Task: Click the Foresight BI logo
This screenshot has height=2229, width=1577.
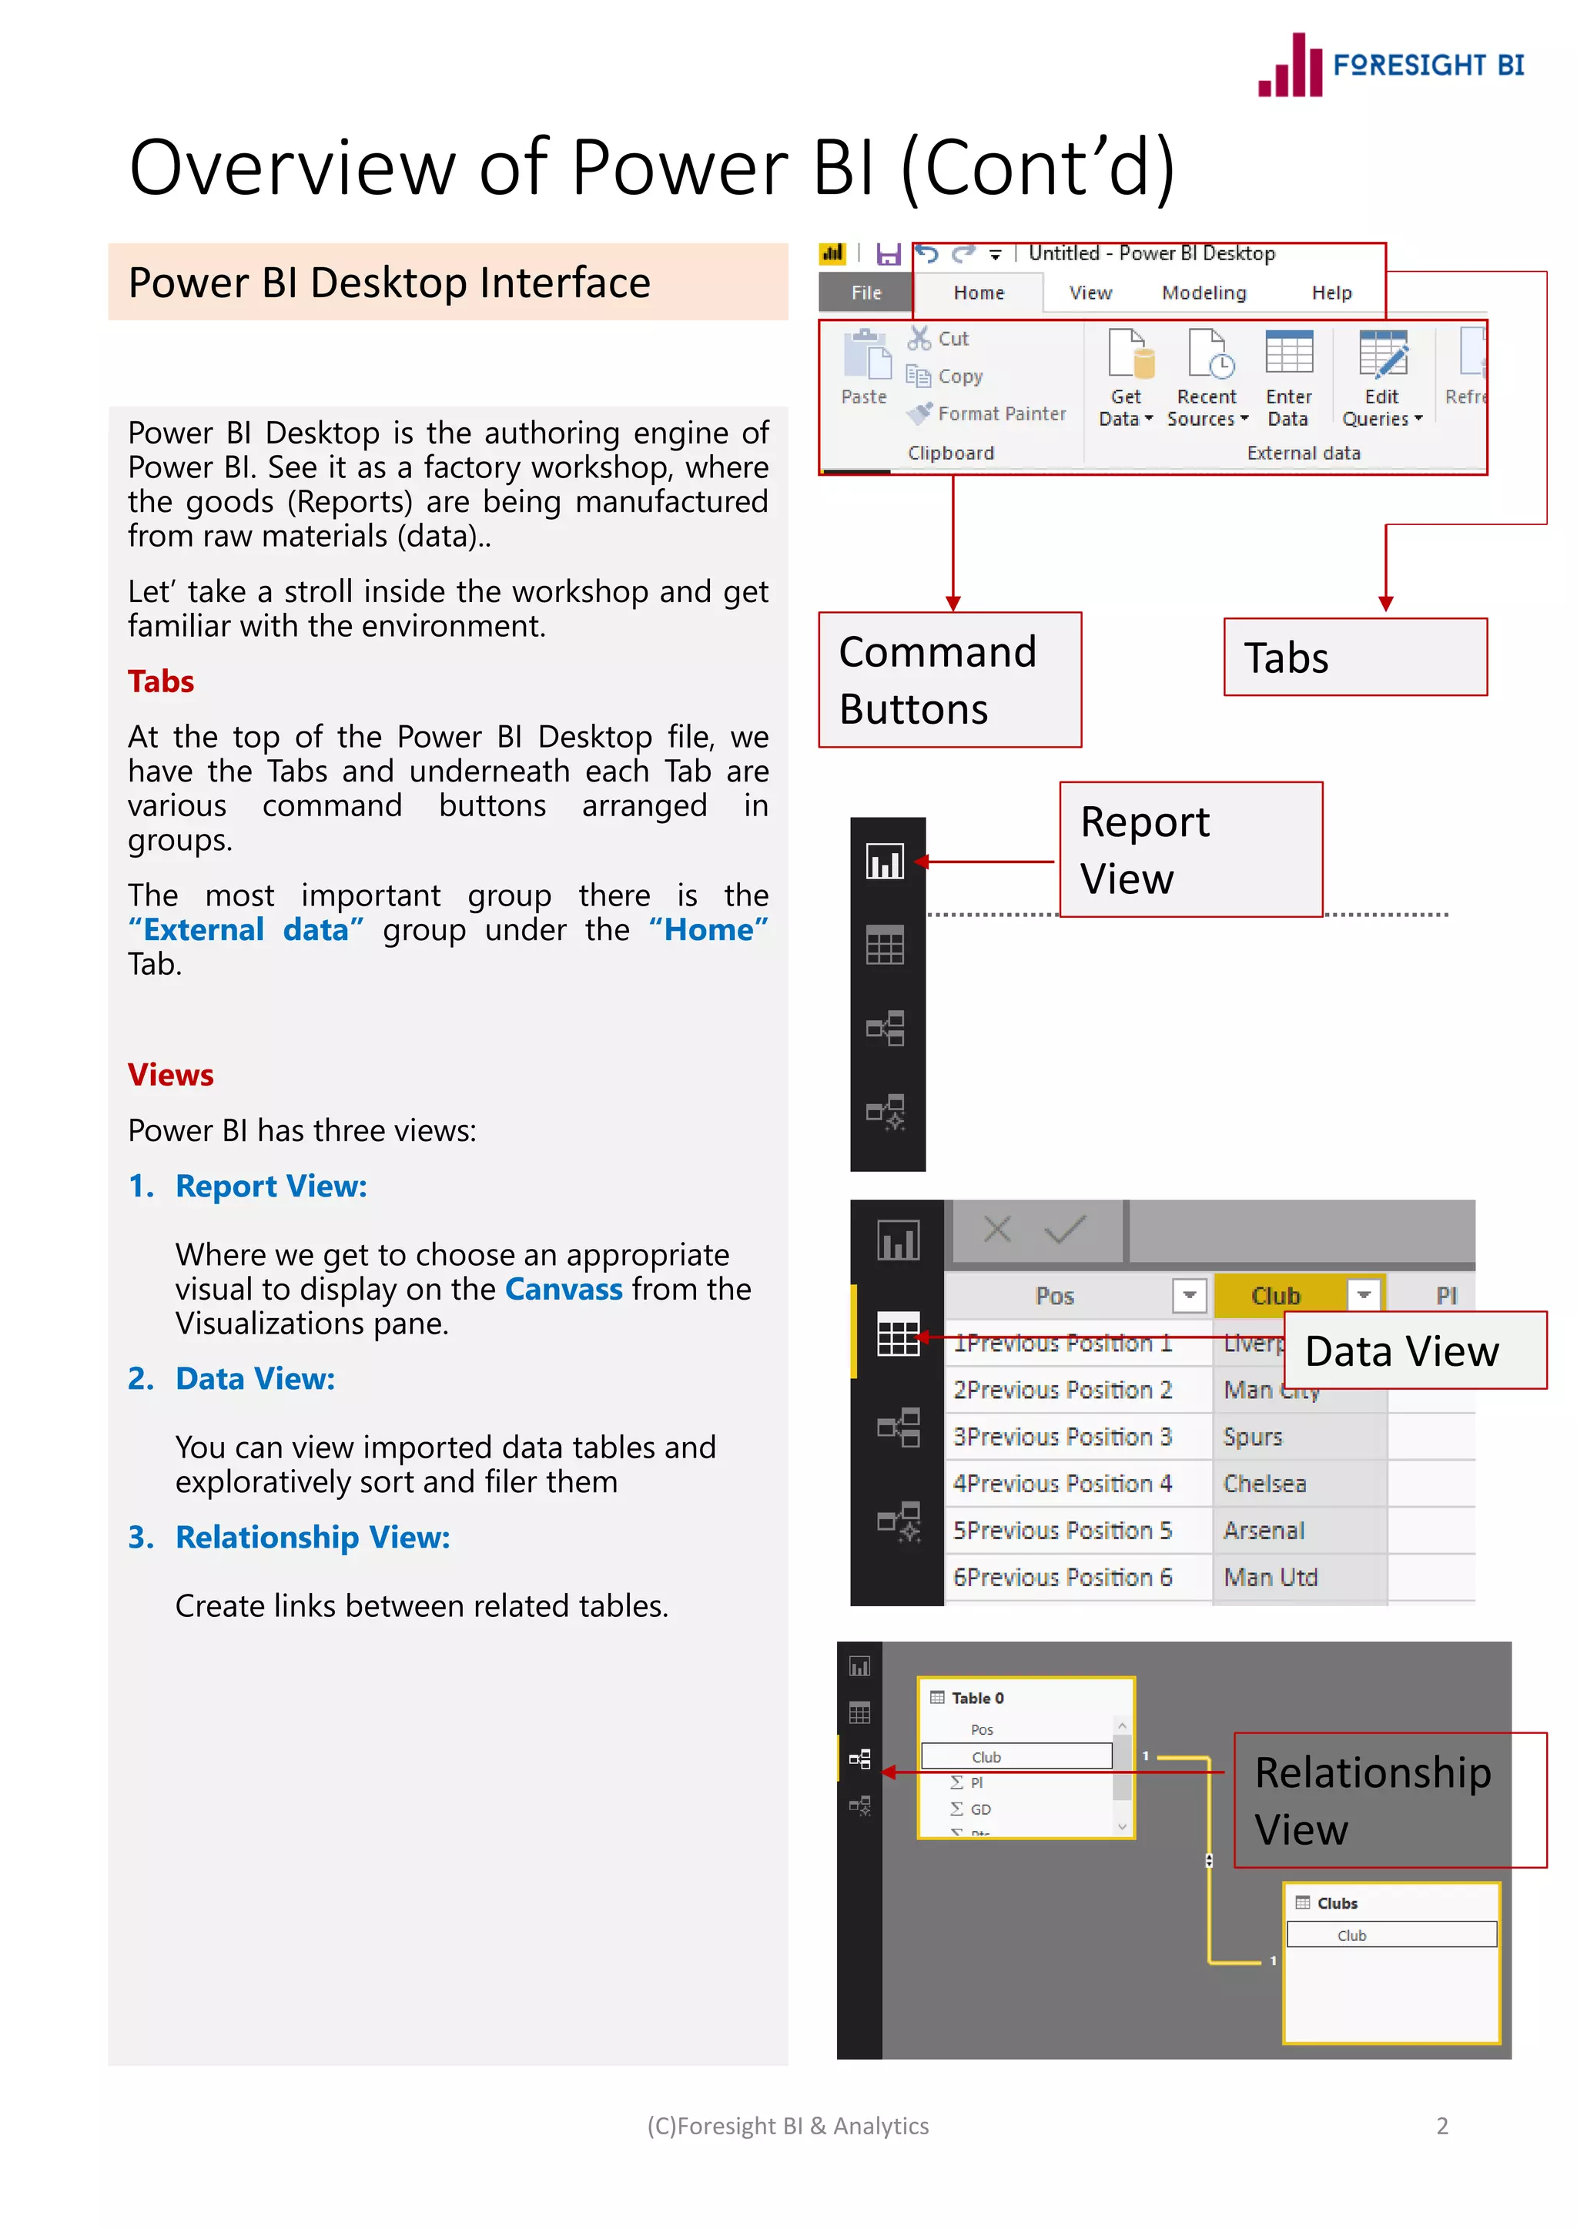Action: pos(1391,65)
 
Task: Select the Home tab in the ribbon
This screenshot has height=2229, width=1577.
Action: pos(978,293)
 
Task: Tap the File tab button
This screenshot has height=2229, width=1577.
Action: pos(866,293)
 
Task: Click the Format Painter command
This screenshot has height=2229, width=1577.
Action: pos(988,413)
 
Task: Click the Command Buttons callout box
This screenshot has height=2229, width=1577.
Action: pos(949,680)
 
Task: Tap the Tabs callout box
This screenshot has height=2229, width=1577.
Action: pos(1354,658)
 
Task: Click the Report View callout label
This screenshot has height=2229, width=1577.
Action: pos(1190,849)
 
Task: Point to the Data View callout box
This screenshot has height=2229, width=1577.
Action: pos(1414,1350)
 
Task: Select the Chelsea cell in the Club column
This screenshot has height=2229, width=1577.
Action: pos(1264,1484)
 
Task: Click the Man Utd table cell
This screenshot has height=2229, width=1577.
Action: pos(1270,1578)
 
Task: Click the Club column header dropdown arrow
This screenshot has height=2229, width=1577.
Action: pos(1364,1295)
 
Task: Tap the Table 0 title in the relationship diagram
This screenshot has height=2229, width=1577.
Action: pos(977,1698)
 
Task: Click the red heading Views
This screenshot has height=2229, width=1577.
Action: pos(171,1075)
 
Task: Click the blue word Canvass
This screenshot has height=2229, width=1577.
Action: pos(563,1289)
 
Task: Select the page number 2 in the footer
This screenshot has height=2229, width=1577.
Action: pos(1442,2126)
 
